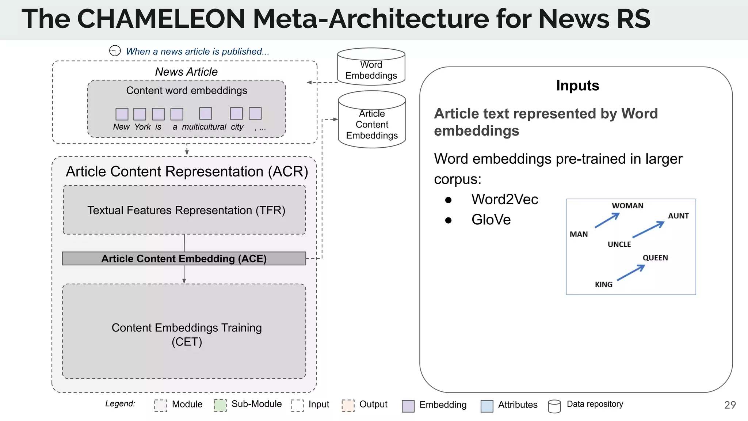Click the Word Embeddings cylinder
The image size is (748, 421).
pos(371,67)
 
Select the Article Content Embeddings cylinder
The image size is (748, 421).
pos(372,121)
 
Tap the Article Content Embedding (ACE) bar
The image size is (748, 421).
pos(184,258)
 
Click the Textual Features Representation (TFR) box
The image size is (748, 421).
pos(184,210)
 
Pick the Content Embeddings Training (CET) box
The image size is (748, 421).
pos(184,331)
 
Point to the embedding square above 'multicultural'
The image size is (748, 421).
pos(206,114)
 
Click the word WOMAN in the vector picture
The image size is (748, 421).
pos(627,206)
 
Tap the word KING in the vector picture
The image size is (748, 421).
pos(603,284)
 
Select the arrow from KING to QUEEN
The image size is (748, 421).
pos(631,273)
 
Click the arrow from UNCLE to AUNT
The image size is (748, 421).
pos(648,230)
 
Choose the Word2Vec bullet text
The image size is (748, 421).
pos(504,200)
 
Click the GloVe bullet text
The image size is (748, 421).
pos(491,220)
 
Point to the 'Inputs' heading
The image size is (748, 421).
pos(577,86)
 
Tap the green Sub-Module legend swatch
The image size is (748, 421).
pos(220,405)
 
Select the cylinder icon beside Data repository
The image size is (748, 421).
pos(554,406)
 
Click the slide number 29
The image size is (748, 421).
pos(730,405)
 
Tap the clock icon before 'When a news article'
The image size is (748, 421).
pos(115,50)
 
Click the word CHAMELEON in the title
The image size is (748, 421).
pos(161,19)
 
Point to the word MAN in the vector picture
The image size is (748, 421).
pos(579,234)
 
